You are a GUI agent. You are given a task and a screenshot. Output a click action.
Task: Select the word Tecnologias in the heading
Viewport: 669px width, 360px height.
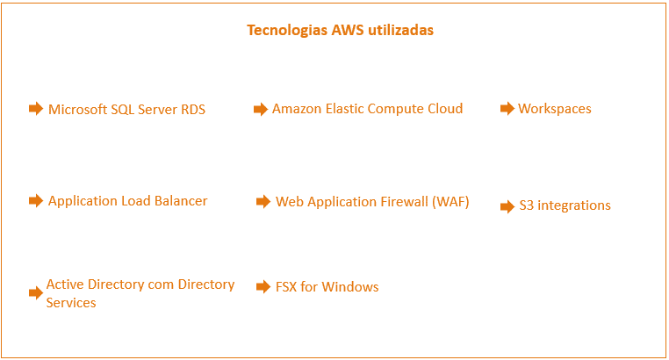(x=287, y=30)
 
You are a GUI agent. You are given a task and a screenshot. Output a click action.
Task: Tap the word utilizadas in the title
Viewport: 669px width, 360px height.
(x=401, y=30)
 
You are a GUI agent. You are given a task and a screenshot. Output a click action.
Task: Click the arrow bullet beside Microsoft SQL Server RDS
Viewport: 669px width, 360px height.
(x=36, y=109)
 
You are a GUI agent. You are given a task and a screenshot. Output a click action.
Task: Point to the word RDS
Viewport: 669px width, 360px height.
(x=193, y=110)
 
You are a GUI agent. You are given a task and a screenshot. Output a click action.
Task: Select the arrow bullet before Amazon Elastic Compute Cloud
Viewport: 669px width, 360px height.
(x=260, y=109)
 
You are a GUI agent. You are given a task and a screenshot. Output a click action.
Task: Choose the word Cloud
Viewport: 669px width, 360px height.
(x=443, y=109)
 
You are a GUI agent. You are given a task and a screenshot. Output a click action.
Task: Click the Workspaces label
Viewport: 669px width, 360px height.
(x=555, y=109)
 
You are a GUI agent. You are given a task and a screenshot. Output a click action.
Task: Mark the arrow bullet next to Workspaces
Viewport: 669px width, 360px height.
(x=507, y=109)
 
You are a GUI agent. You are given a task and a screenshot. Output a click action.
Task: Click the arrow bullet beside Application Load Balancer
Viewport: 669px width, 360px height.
(x=36, y=201)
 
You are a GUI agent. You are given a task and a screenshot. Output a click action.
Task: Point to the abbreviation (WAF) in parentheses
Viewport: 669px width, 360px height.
(x=449, y=202)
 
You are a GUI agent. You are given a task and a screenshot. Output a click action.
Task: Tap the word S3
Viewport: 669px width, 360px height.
(x=526, y=205)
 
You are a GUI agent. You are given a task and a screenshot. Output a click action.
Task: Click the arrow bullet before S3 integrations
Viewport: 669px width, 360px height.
(x=507, y=206)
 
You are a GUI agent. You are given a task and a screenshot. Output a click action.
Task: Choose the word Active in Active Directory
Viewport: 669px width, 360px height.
(x=67, y=284)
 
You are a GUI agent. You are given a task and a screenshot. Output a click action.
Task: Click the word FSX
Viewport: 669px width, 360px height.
(x=286, y=287)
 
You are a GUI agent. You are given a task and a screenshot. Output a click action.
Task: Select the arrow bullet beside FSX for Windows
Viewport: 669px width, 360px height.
(x=263, y=287)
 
